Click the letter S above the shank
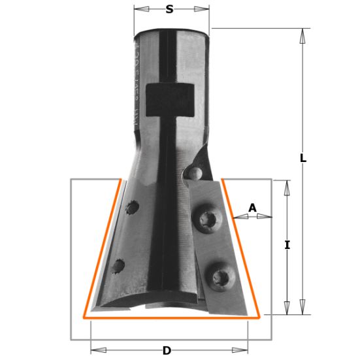point(170,9)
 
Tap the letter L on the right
point(303,158)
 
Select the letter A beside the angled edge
point(253,208)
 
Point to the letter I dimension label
point(287,245)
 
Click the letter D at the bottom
point(167,351)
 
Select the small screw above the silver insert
point(193,174)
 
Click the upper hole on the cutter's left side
point(133,208)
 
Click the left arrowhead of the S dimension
point(138,10)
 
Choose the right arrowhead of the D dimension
point(244,351)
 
